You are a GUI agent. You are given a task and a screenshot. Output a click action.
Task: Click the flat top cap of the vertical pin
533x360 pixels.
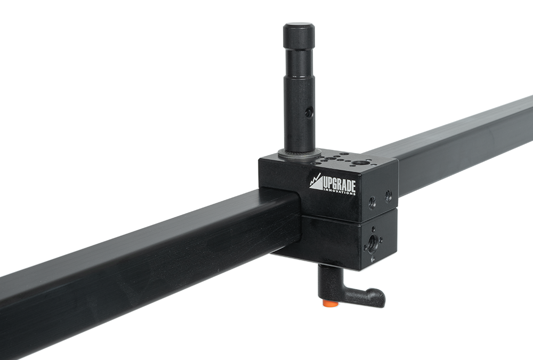point(299,26)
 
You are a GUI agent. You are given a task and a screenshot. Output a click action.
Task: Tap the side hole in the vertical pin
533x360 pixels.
point(309,112)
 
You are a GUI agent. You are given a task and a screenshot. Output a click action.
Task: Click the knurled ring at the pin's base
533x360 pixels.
point(299,154)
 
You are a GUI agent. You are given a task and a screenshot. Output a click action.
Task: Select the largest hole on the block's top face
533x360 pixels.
point(359,163)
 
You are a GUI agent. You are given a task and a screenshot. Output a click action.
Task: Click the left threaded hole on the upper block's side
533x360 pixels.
point(372,203)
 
